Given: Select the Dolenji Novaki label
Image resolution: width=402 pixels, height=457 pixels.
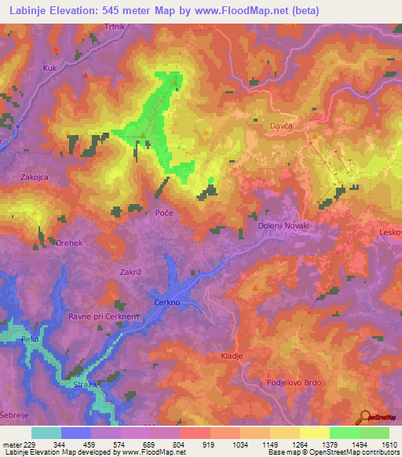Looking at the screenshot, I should [283, 226].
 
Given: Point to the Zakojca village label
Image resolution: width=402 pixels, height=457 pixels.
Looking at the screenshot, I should [35, 177].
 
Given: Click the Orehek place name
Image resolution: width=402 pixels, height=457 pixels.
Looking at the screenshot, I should [70, 243].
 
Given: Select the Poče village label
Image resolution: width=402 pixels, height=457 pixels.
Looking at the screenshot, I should [163, 214].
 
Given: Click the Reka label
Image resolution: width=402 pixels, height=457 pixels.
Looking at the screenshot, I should [31, 338].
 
